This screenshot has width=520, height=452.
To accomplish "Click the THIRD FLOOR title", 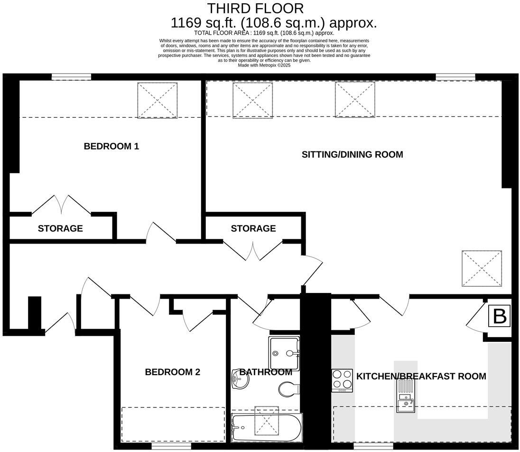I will [x=255, y=8].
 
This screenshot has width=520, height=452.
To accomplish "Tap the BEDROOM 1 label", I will [x=111, y=146].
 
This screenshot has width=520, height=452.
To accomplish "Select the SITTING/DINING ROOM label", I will [x=352, y=154].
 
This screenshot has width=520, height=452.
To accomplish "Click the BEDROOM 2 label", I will [x=172, y=372].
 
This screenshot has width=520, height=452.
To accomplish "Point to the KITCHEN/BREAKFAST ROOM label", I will [x=421, y=377].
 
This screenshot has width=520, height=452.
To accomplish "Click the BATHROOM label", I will [x=265, y=372].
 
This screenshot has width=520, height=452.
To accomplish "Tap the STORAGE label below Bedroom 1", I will [x=60, y=228].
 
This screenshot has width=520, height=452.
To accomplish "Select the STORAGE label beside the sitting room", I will [x=253, y=228].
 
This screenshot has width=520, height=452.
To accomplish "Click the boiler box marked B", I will [x=499, y=316].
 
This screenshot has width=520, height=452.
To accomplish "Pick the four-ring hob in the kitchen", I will [x=342, y=380].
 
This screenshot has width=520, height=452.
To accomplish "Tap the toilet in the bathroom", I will [x=288, y=389].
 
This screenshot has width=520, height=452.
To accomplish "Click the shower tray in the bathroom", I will [x=284, y=353].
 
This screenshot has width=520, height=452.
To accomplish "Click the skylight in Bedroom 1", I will [x=158, y=100].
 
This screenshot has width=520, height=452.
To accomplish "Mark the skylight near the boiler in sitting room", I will [x=482, y=268].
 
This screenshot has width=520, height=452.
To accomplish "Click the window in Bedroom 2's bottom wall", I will [x=171, y=446].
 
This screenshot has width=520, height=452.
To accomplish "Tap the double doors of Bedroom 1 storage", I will [x=62, y=204].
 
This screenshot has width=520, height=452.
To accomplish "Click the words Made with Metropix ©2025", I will [x=264, y=65].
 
